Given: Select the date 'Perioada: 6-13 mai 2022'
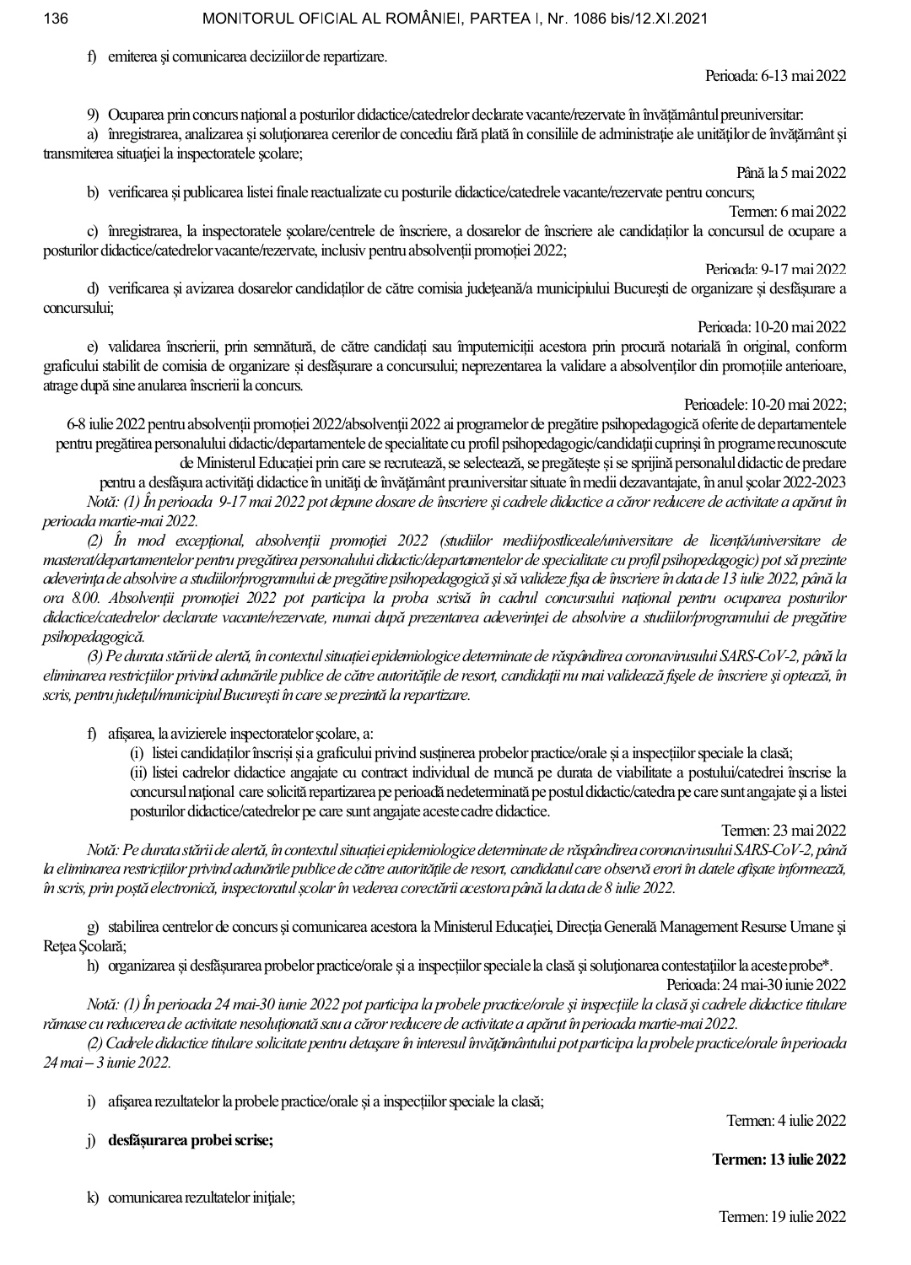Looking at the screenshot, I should pyautogui.click(x=775, y=76).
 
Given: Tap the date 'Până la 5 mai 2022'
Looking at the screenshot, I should pyautogui.click(x=790, y=173).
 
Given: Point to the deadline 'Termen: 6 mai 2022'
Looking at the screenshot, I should pyautogui.click(x=788, y=211).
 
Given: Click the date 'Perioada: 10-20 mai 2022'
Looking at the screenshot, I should pyautogui.click(x=772, y=326).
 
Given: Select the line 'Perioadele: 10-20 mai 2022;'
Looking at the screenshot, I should pyautogui.click(x=766, y=404).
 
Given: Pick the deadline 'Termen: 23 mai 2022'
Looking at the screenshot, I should pyautogui.click(x=784, y=831).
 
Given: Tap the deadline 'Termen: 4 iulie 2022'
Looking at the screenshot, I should pyautogui.click(x=786, y=1120).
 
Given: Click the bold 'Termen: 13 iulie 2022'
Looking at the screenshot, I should pyautogui.click(x=779, y=1160).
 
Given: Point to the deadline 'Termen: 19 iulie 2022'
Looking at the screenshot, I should pyautogui.click(x=782, y=1216).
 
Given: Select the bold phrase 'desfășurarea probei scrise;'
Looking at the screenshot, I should pyautogui.click(x=191, y=1140).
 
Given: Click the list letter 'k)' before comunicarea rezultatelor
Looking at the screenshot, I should pyautogui.click(x=93, y=1198).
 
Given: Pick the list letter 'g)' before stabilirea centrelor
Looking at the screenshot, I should pyautogui.click(x=93, y=927).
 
